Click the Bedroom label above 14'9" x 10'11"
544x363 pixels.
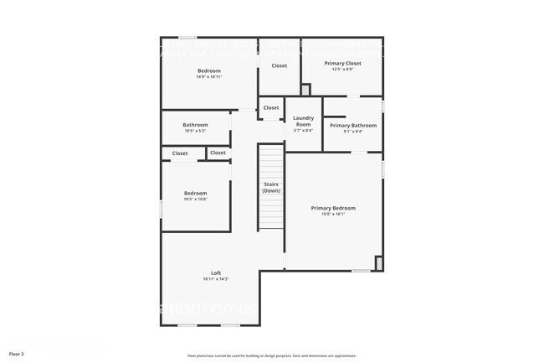pos(208,70)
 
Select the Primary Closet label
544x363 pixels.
pos(342,63)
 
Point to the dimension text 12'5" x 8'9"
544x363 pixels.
pos(342,70)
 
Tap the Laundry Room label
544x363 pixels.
pos(303,121)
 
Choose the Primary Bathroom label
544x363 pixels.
pos(352,125)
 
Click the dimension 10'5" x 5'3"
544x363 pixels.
pos(195,131)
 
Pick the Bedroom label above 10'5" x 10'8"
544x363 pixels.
pos(195,193)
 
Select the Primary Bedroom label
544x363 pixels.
pos(333,208)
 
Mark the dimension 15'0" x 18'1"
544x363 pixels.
pos(333,214)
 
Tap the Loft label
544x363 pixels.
pos(215,272)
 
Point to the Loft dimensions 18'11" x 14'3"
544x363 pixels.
pos(215,279)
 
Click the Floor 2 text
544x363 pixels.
pos(17,354)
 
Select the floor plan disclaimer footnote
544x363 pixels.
pos(272,355)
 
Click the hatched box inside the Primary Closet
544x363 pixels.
pos(305,89)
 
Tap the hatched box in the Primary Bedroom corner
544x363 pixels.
pos(378,264)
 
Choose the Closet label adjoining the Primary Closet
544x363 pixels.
pos(279,65)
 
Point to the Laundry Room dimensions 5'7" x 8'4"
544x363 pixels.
pos(303,130)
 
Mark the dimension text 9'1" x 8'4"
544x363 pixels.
pos(352,131)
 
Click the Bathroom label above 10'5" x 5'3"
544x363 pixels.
pos(195,125)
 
